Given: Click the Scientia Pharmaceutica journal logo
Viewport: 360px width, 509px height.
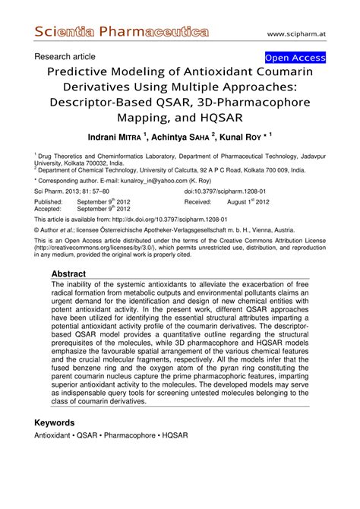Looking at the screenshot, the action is click(122, 32).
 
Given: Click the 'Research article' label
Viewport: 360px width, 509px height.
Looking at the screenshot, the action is click(65, 57).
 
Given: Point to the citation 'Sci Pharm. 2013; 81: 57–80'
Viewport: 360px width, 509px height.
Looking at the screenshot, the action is click(71, 192).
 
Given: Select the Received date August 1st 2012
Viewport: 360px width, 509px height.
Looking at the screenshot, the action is click(248, 203).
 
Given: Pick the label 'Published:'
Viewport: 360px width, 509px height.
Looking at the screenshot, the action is click(49, 203).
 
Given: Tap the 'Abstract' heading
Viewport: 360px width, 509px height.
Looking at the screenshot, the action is click(73, 274).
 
